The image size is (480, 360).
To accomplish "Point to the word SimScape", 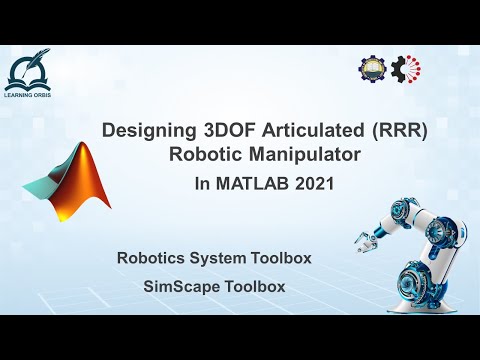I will tap(178, 286).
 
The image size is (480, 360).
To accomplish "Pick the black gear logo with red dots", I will tap(406, 67).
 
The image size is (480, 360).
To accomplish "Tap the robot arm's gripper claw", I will tap(366, 237).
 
